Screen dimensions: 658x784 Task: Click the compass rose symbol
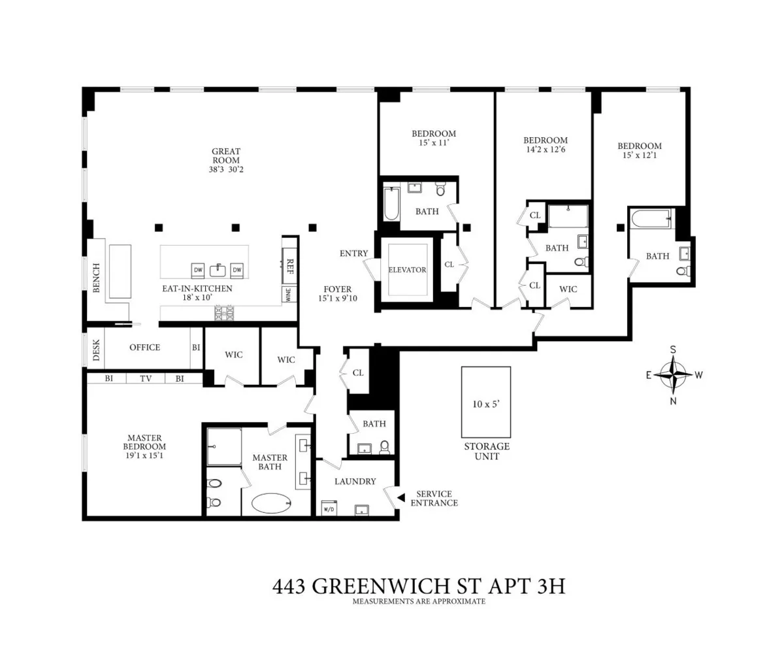673,375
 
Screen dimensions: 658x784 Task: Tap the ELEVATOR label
407,270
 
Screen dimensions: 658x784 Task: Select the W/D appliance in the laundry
329,508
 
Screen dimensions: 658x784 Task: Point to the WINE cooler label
287,295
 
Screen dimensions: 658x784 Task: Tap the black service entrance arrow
401,499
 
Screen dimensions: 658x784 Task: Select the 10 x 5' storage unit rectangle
485,403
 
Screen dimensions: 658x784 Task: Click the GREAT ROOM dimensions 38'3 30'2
226,170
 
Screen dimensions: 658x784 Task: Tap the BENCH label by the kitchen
96,278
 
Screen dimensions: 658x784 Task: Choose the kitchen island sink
218,270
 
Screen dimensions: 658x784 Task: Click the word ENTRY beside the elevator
353,254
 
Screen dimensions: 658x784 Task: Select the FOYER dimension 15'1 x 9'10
338,299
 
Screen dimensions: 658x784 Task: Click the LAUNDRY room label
355,482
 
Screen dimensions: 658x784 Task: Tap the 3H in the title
547,586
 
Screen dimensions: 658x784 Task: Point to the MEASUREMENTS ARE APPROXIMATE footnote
419,601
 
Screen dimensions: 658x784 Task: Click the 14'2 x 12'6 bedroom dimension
545,150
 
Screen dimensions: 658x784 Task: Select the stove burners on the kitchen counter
224,314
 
